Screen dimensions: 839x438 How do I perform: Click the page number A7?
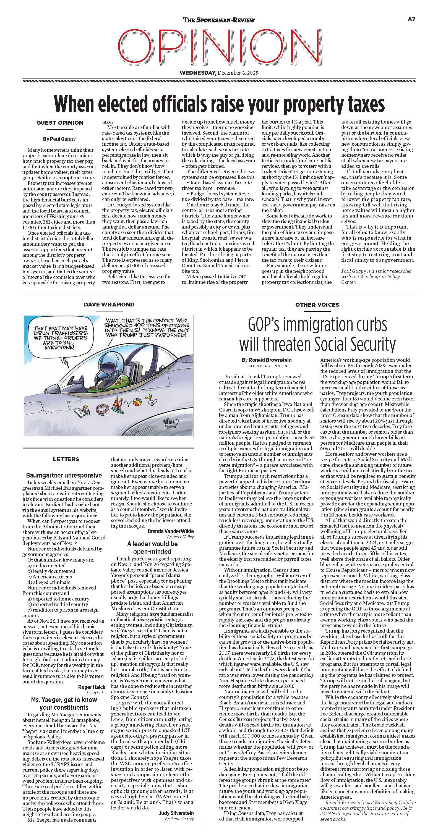411,19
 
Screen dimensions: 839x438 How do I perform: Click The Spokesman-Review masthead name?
219,20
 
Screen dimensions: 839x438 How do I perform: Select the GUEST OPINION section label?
60,123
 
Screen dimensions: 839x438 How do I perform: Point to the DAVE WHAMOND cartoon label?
109,305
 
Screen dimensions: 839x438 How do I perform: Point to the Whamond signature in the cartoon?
172,423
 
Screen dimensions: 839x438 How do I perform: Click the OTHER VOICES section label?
317,305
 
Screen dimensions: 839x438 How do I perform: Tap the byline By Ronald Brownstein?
267,360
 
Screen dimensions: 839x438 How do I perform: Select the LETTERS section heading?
66,459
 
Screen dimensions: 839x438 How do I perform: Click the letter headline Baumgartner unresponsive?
64,475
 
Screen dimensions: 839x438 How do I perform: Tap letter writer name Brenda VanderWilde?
171,531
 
